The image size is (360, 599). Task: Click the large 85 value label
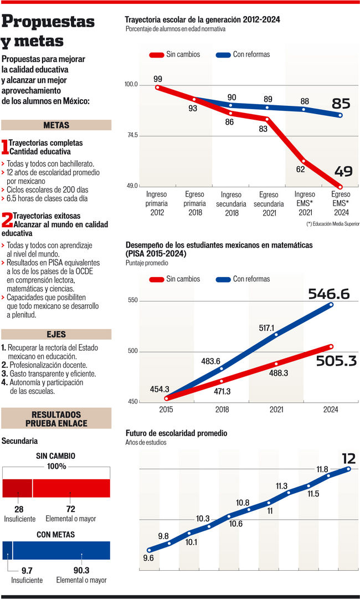[x=341, y=104]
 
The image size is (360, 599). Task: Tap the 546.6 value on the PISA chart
[x=329, y=294]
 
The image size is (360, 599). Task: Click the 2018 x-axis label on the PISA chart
[x=222, y=409]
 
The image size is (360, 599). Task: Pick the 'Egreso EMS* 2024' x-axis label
[x=341, y=203]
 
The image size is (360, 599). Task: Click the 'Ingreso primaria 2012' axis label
[x=157, y=203]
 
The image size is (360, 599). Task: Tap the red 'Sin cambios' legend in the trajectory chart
[x=175, y=55]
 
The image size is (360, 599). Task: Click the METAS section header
[x=56, y=125]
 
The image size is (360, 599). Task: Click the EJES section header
[x=56, y=335]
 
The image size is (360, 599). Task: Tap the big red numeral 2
[x=7, y=220]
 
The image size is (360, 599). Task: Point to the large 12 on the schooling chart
[x=348, y=459]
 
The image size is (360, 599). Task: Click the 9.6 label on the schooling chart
[x=148, y=558]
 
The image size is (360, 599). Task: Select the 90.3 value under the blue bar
[x=81, y=570]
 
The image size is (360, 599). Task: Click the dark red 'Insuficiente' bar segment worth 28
[x=17, y=488]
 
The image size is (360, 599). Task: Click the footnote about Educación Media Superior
[x=332, y=224]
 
